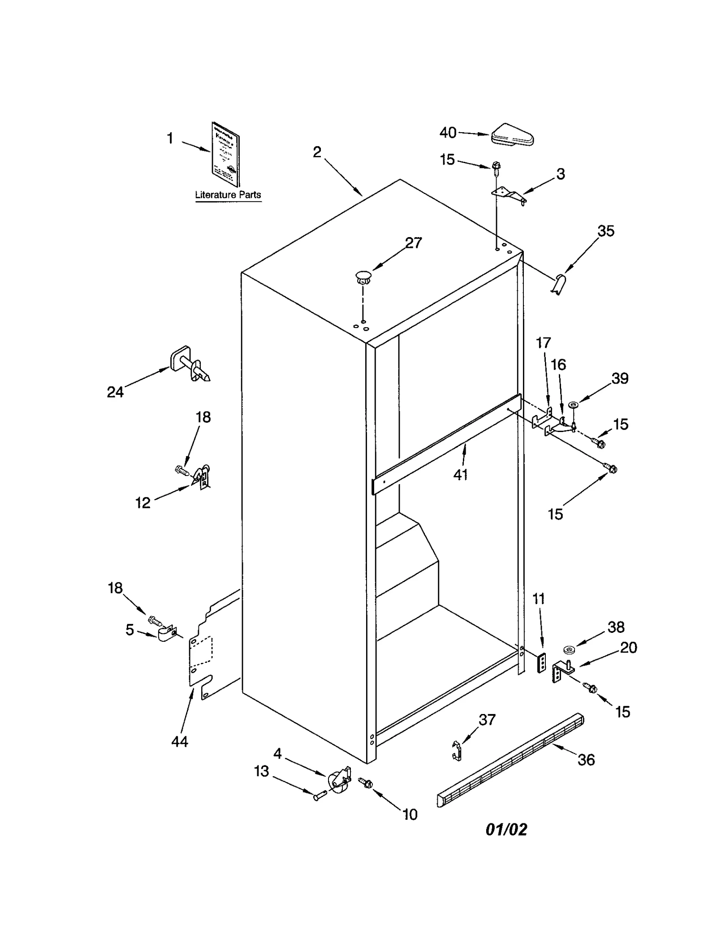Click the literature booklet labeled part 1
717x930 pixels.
(x=226, y=154)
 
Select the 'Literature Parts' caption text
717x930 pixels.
(x=228, y=195)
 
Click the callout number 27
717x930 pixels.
(x=413, y=243)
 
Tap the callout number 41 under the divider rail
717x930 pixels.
(x=460, y=475)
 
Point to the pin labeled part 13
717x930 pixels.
(x=318, y=796)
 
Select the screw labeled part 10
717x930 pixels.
(x=366, y=783)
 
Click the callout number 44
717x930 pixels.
(x=180, y=742)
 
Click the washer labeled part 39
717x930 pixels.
(x=573, y=405)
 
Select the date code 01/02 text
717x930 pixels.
(x=506, y=830)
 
